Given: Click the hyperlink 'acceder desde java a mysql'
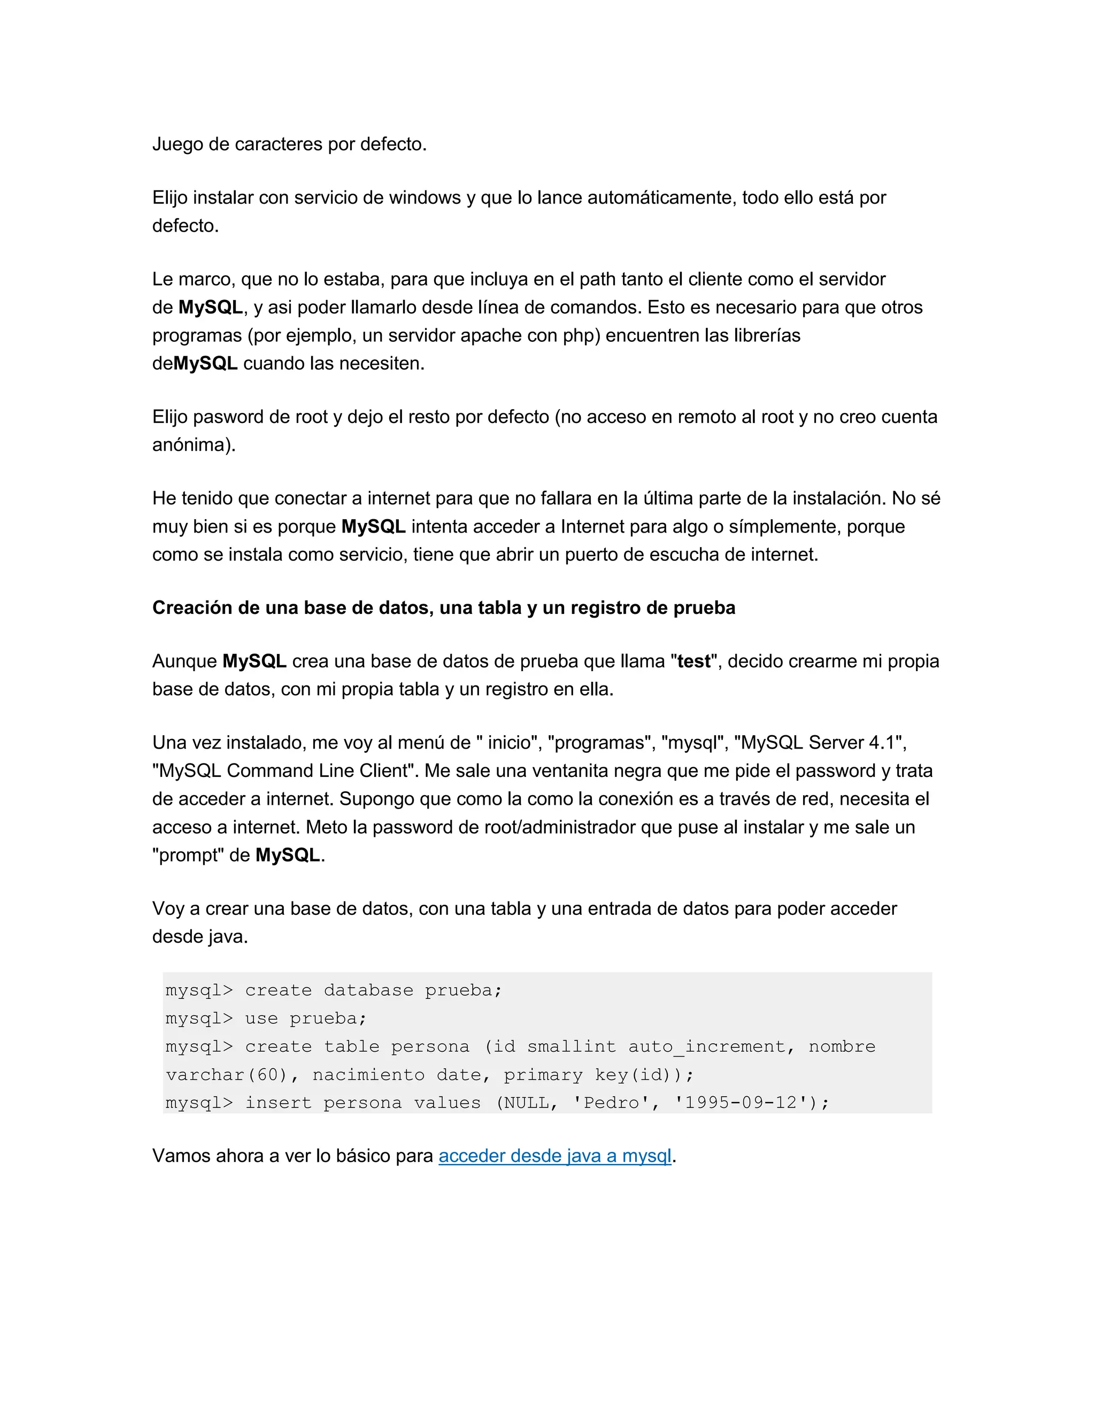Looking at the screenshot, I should pos(554,1156).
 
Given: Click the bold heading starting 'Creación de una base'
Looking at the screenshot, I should pos(444,607).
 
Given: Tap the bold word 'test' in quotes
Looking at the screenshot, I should pos(693,661).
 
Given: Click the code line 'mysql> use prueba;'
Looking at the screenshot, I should pos(266,1018).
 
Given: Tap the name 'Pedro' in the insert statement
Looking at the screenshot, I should pos(611,1103).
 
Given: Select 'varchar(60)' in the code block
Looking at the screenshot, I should pos(226,1075).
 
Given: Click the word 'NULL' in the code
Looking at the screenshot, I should pos(526,1103).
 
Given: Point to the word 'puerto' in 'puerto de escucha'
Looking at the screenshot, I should pos(592,555).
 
